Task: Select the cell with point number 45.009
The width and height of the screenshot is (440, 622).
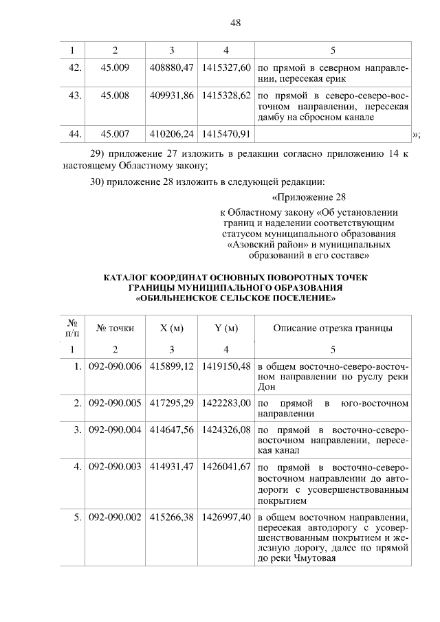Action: tap(115, 69)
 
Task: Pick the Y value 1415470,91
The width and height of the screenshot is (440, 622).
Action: tap(225, 133)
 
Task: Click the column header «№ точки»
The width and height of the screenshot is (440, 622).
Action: tap(115, 328)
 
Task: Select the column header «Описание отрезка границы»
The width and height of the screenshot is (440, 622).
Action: tap(333, 328)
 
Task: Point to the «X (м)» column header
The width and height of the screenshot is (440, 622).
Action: tap(172, 328)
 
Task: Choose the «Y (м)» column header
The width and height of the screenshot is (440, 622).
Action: tap(225, 328)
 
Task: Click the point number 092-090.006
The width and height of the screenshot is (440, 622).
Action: tap(115, 366)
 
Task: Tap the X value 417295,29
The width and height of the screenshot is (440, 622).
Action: tap(172, 401)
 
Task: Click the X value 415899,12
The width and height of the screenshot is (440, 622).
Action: tap(172, 366)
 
